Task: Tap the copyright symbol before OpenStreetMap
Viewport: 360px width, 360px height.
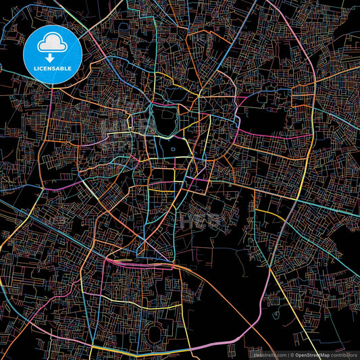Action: coord(290,355)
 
